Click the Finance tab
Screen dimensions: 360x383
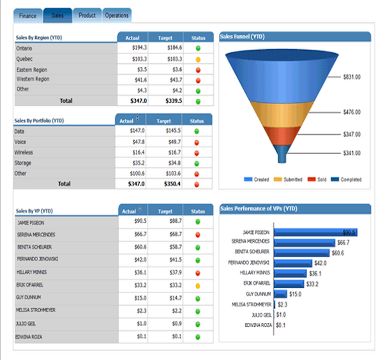pyautogui.click(x=28, y=15)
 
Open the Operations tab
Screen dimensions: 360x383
pyautogui.click(x=116, y=15)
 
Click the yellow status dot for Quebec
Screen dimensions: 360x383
pyautogui.click(x=198, y=59)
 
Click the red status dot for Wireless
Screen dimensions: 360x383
pyautogui.click(x=197, y=153)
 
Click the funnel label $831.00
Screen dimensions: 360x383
pyautogui.click(x=352, y=77)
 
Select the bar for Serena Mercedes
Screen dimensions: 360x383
pyautogui.click(x=304, y=243)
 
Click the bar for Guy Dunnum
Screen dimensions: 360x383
pyautogui.click(x=281, y=294)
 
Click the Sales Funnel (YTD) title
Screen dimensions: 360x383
pyautogui.click(x=242, y=37)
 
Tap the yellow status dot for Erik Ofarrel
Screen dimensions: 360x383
pyautogui.click(x=198, y=285)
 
